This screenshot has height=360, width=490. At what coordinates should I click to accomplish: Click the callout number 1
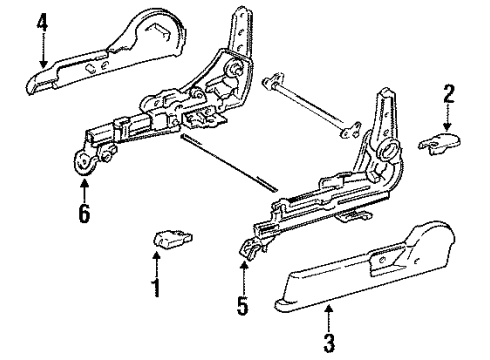coord(156,287)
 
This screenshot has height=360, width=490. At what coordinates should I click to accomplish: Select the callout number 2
coord(448,94)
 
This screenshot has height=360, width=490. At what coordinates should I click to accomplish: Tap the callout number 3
coord(329,343)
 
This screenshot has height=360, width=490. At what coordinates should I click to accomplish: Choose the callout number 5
coord(242,305)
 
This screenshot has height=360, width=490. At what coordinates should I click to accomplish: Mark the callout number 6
coord(84,213)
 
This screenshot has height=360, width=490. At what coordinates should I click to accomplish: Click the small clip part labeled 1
coord(172,239)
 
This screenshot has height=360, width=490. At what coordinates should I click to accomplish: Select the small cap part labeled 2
coord(439,143)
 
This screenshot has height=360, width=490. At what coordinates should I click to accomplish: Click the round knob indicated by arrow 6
coord(83,163)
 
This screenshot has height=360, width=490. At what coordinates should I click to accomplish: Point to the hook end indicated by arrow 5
coord(250,249)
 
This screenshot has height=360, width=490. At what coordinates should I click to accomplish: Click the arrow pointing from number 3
coord(329,319)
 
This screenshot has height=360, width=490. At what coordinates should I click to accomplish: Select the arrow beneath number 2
coord(447,117)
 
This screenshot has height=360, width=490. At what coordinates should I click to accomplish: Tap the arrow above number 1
coord(156,264)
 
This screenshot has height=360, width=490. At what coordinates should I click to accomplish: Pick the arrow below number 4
coord(42,51)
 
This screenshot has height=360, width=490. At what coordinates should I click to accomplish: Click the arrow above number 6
coord(84,191)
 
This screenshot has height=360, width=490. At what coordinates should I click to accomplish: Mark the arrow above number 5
coord(244,278)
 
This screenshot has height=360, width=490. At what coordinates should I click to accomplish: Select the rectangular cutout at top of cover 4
coord(159,29)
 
